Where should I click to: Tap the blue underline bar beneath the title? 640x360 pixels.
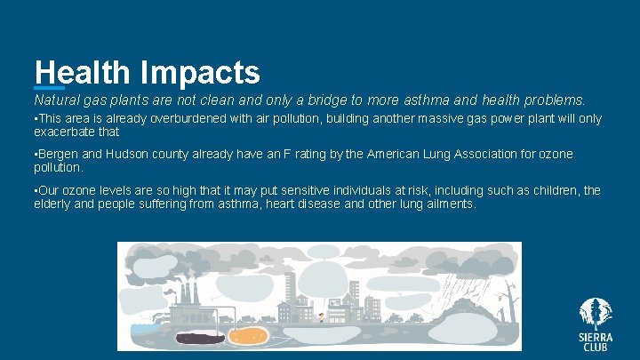pyautogui.click(x=49, y=87)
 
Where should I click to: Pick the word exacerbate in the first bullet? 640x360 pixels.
pyautogui.click(x=65, y=132)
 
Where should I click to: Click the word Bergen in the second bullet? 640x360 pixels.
pyautogui.click(x=56, y=155)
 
